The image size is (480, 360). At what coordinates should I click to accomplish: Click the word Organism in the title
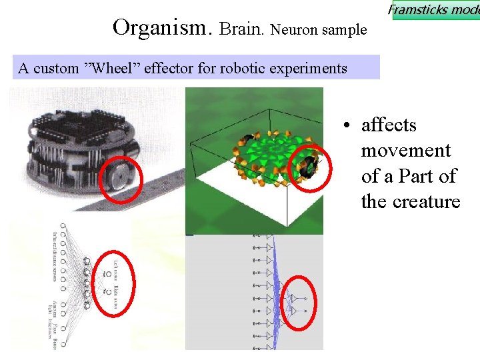pos(162,28)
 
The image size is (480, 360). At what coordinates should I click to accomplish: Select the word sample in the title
pos(345,30)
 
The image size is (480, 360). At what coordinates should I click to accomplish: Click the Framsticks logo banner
pos(435,10)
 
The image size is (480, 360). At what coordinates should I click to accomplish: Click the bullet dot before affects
pos(347,126)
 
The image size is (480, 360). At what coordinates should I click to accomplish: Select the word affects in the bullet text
pos(389,125)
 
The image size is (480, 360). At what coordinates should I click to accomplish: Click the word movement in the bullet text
pos(406,151)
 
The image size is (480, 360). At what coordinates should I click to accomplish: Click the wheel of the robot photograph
pos(121,178)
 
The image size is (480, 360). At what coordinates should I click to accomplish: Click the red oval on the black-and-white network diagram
pos(113,281)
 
